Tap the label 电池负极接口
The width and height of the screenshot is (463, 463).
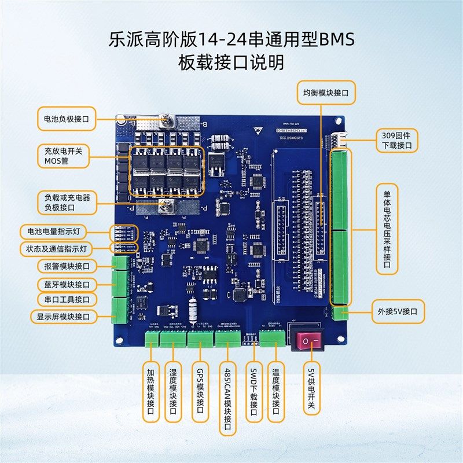67,119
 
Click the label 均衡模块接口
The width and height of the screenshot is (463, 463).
326,91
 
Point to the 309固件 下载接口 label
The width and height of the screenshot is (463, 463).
396,141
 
